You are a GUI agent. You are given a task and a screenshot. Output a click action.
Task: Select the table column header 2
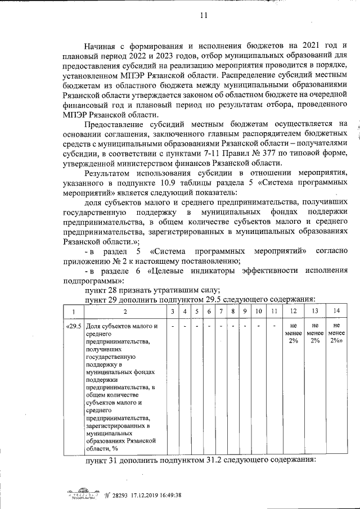tap(125, 311)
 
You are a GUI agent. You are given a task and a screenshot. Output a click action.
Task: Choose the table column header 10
tap(258, 311)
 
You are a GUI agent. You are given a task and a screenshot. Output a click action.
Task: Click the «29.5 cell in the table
tap(73, 326)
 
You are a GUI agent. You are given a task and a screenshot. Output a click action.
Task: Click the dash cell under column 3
tap(173, 326)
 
